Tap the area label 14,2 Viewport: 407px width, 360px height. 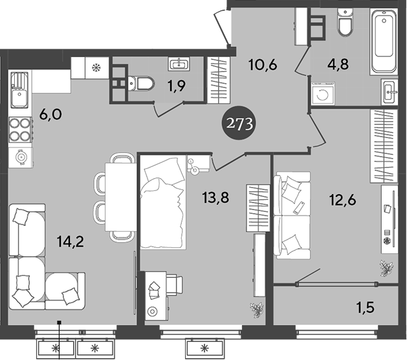pos(71,243)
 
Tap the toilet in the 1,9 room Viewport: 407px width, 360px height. pos(140,83)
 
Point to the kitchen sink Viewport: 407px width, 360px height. pos(19,91)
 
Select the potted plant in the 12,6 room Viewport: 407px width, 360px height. pos(387,267)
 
